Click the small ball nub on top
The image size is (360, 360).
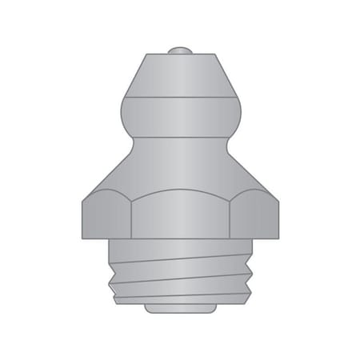[179, 52]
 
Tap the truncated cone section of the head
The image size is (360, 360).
[179, 76]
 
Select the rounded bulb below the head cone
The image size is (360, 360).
[179, 117]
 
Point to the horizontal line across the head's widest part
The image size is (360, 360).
[179, 98]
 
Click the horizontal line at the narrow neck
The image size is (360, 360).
[179, 137]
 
